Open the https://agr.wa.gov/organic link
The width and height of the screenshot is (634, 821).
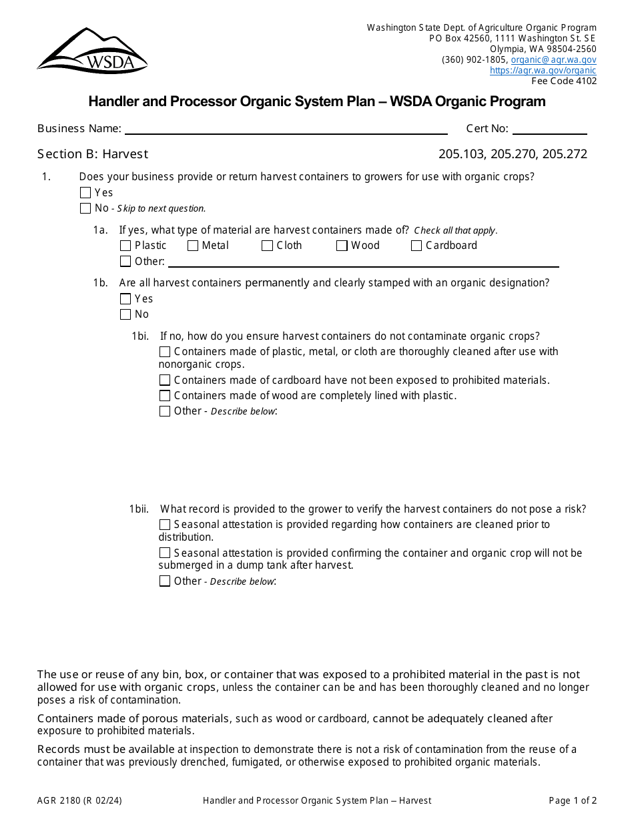click(543, 70)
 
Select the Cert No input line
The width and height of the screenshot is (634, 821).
click(549, 129)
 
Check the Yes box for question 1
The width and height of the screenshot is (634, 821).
click(85, 193)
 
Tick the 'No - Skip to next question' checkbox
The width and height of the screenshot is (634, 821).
click(85, 208)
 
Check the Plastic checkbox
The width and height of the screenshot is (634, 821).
click(125, 246)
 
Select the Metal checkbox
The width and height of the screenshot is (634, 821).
click(193, 246)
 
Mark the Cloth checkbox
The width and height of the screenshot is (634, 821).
click(267, 246)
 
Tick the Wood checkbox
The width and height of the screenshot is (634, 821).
click(342, 246)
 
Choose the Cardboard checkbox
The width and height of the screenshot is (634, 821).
click(416, 246)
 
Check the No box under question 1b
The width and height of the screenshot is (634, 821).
click(125, 314)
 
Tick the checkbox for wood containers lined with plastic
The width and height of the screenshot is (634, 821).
click(165, 396)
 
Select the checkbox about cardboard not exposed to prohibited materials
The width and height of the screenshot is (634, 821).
click(165, 380)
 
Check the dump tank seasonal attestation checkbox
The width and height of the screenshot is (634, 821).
click(165, 553)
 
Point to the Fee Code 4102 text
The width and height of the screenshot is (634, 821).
click(564, 81)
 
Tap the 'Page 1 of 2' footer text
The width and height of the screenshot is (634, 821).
click(573, 800)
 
